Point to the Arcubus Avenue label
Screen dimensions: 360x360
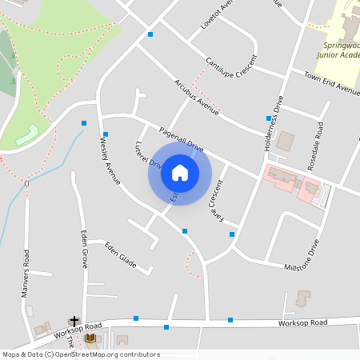point(196,94)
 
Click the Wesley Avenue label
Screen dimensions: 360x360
point(109,160)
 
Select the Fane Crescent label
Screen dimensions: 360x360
point(214,203)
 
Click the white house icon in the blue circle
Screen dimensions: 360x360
point(180,173)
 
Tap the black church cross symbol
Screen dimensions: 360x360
point(74,319)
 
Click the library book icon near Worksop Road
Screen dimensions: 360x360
point(90,338)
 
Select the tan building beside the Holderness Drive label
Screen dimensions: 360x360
point(285,142)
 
